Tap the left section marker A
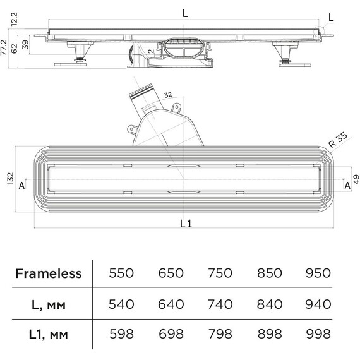pos(21,185)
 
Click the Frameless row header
pos(49,273)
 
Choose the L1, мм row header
pos(49,334)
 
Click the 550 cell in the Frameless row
pos(121,273)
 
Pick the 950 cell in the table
pos(318,273)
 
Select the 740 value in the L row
pos(220,304)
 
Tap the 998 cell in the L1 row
pos(318,334)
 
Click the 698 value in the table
pos(171,334)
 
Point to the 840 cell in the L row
pos(269,304)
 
